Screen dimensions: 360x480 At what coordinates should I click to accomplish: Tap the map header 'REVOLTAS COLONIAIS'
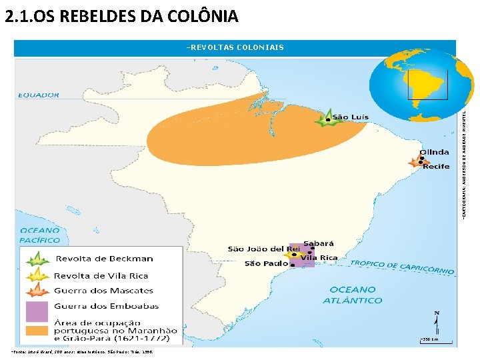point(235,47)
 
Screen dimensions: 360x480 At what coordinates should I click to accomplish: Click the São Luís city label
point(350,117)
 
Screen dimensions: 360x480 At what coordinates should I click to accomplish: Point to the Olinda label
point(433,151)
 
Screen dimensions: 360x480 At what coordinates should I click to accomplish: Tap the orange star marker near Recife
point(418,161)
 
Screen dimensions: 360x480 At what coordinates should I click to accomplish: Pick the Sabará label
point(319,243)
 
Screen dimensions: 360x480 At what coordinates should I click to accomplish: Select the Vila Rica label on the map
point(320,257)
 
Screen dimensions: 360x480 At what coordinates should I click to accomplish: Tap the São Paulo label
point(266,263)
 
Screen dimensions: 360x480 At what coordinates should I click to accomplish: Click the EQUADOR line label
point(38,95)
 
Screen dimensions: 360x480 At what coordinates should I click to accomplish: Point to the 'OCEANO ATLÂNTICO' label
point(353,295)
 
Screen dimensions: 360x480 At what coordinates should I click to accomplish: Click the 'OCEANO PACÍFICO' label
point(39,235)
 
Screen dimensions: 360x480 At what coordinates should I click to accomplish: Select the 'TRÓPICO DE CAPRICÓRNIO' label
point(402,267)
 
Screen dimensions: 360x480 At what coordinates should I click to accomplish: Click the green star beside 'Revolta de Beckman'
point(38,259)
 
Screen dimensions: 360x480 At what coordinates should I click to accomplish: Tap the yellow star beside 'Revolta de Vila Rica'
point(38,275)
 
